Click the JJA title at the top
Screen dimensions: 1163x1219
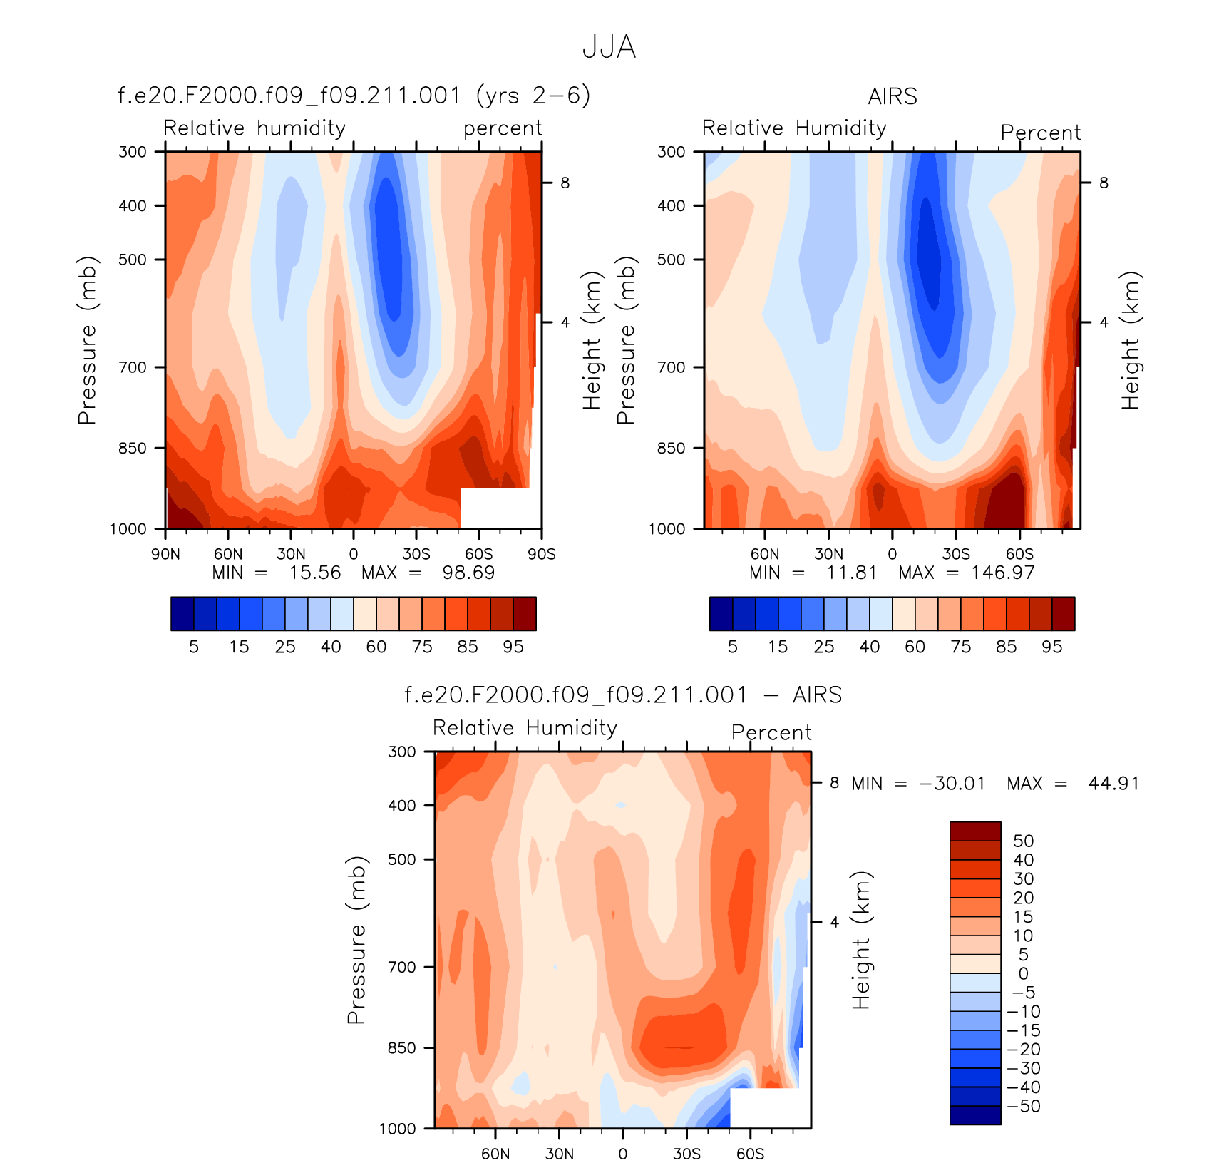(x=609, y=48)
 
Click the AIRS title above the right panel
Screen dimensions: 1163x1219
(x=893, y=96)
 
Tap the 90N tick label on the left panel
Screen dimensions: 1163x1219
(x=165, y=554)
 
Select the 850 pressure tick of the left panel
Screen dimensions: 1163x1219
(x=133, y=449)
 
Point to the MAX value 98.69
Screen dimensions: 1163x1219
(x=468, y=573)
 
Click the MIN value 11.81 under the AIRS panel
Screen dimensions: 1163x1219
(x=851, y=573)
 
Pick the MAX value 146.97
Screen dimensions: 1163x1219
(x=1002, y=573)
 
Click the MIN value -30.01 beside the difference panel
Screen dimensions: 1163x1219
(x=952, y=784)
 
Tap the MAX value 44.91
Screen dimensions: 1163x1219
(x=1113, y=784)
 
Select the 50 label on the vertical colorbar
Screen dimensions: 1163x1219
(x=1023, y=841)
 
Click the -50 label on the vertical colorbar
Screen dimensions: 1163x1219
(x=1024, y=1107)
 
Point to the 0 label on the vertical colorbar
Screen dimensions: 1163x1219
(x=1023, y=974)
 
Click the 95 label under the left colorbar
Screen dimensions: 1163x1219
(x=513, y=647)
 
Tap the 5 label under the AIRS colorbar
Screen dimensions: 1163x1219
(x=732, y=647)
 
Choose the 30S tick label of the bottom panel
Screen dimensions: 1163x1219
(x=686, y=1154)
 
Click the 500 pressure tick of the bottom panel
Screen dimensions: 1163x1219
(x=402, y=859)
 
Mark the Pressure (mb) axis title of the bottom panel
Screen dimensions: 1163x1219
(x=356, y=940)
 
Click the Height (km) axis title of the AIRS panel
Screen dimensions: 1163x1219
(x=1131, y=340)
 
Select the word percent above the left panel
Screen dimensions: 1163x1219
(x=503, y=128)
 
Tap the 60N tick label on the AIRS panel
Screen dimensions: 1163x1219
(x=765, y=554)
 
